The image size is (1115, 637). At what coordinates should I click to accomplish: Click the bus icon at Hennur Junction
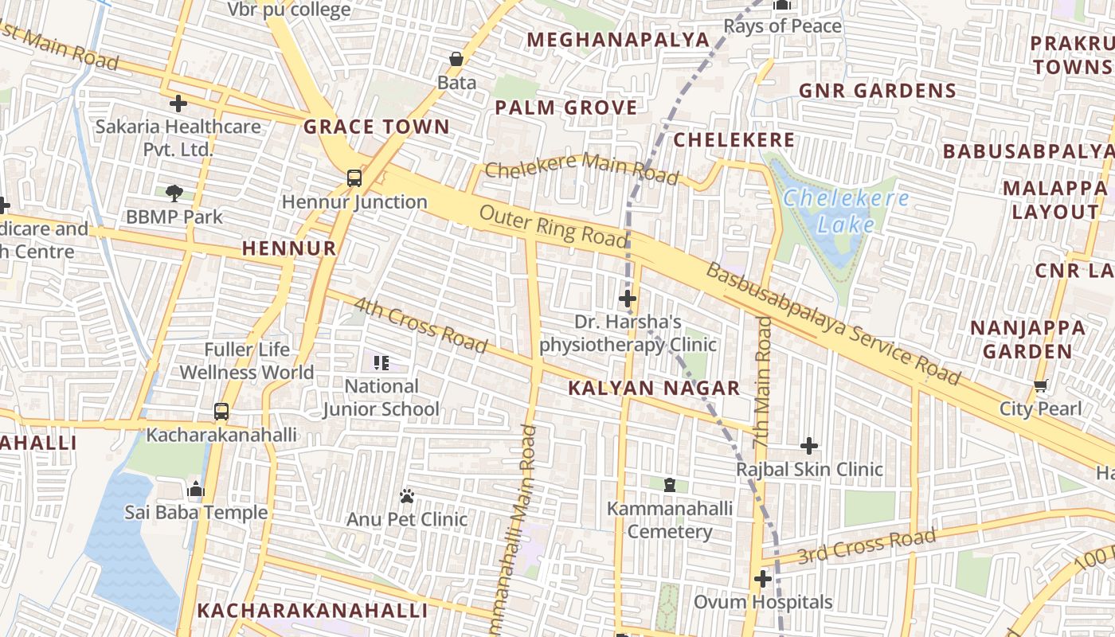click(354, 178)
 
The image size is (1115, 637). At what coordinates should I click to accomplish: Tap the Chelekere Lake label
click(846, 211)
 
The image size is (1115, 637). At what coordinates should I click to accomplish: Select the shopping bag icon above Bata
click(456, 59)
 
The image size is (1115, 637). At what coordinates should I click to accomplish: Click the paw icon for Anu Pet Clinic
click(407, 496)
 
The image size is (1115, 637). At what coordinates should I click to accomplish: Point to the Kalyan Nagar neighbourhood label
click(654, 389)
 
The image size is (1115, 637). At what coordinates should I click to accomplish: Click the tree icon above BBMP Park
click(174, 193)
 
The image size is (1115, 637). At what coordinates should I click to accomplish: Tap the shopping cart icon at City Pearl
click(1040, 386)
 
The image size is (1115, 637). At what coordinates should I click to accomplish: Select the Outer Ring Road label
click(554, 225)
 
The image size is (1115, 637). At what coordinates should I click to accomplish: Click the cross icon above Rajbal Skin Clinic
click(809, 446)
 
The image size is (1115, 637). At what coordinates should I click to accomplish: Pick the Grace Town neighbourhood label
click(377, 127)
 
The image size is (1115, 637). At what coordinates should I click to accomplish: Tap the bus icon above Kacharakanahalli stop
click(221, 412)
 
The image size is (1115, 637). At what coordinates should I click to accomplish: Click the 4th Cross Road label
click(420, 324)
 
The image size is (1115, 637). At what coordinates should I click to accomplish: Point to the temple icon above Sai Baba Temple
click(196, 489)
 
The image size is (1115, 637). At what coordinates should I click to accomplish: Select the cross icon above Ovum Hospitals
click(763, 579)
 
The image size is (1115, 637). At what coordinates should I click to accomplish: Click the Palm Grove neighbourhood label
click(566, 107)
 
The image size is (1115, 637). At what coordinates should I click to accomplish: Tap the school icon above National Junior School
click(381, 363)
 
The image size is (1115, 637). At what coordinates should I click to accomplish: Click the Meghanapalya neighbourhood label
click(618, 40)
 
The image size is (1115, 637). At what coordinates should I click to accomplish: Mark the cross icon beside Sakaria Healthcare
click(178, 103)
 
